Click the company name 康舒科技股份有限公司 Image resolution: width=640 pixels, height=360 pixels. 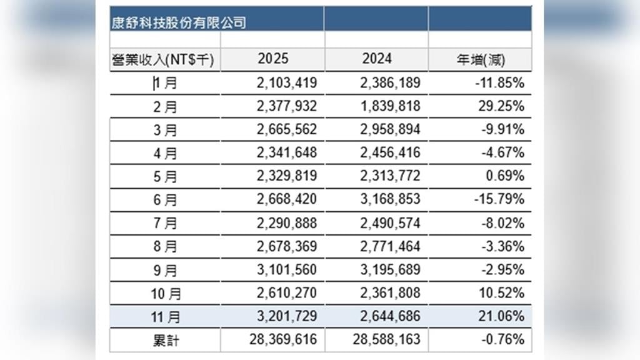pos(179,23)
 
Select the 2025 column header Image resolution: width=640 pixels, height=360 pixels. pos(272,59)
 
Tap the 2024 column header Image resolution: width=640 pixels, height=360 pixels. pos(377,59)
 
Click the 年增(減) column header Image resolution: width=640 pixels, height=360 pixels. pos(481,60)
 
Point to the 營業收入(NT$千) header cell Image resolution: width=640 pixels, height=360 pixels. pos(163,60)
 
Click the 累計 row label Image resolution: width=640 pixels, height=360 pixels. pos(165,341)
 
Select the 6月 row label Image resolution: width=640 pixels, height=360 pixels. pos(165,200)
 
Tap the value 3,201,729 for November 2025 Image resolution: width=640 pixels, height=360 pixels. pos(287,317)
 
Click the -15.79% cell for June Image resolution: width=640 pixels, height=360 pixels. pos(501,200)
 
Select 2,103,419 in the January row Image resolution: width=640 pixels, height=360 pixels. pos(287,82)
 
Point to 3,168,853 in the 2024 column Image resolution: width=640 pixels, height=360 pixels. pos(391,200)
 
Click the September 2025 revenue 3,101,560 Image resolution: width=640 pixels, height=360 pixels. pos(287,270)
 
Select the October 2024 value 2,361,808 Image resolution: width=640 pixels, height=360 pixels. pos(391,293)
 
